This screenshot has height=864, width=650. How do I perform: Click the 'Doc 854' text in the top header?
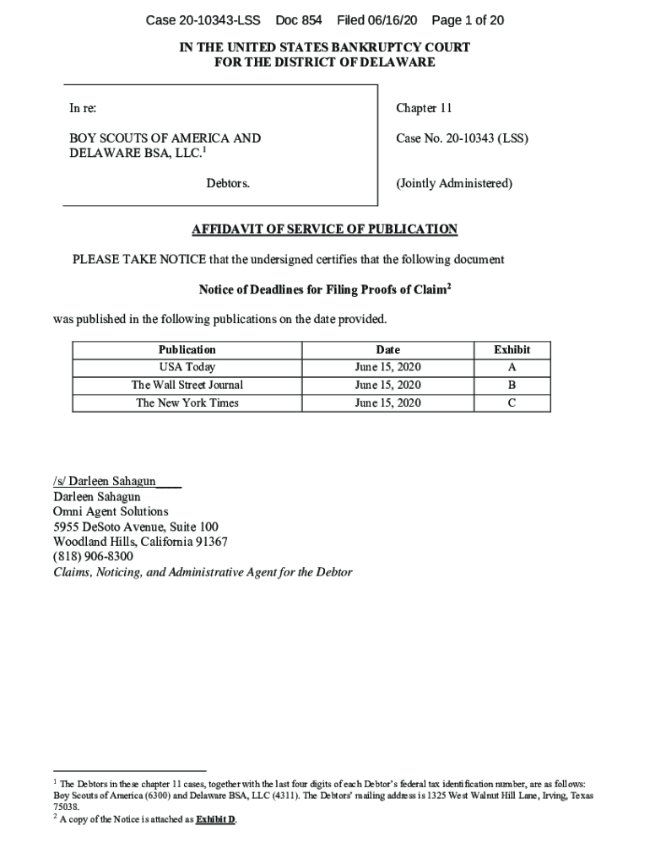[x=299, y=20]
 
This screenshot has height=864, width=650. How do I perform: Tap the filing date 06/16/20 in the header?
[x=390, y=20]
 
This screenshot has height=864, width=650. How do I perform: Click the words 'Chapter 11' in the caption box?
[x=424, y=108]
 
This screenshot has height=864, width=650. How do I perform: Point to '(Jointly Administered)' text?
[x=454, y=183]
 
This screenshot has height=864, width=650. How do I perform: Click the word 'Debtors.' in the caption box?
[x=228, y=183]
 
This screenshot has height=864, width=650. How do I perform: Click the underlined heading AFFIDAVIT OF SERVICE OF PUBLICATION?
[x=325, y=229]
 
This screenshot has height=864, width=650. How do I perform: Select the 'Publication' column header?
[x=187, y=349]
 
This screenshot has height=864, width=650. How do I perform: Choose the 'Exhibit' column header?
[x=512, y=349]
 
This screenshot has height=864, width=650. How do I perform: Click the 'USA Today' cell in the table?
[x=187, y=367]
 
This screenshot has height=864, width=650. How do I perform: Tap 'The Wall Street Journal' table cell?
[x=187, y=385]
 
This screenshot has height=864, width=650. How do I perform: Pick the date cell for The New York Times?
[x=387, y=402]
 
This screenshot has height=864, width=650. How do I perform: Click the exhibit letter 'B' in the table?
[x=512, y=385]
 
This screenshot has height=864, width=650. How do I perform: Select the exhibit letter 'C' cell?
[x=512, y=402]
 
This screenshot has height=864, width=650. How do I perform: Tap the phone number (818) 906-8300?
[x=93, y=557]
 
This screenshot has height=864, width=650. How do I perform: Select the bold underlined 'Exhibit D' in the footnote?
[x=215, y=819]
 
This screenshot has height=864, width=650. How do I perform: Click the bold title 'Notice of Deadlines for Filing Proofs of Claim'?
[x=322, y=290]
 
